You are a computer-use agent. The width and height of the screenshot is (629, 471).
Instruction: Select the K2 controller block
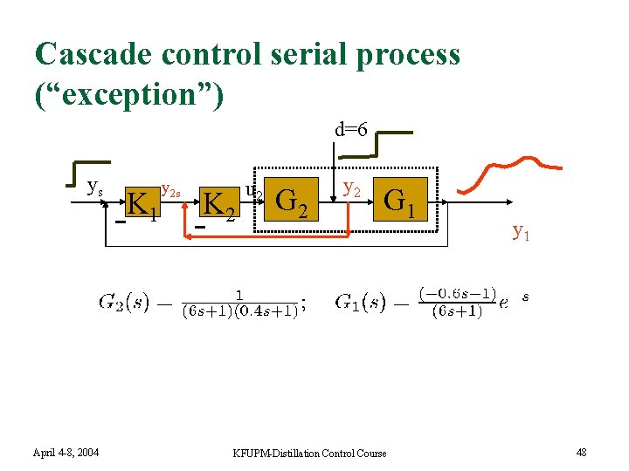(x=218, y=203)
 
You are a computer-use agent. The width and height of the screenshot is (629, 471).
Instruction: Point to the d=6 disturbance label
(x=351, y=130)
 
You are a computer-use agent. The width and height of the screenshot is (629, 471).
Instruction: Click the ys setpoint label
(x=95, y=186)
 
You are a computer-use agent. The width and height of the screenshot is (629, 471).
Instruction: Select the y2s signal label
(x=171, y=189)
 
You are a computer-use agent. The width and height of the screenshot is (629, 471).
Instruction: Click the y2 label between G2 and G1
(x=353, y=187)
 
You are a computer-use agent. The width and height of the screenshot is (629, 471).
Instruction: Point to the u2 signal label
(x=253, y=189)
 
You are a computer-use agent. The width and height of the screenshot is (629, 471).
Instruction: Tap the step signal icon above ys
(x=88, y=172)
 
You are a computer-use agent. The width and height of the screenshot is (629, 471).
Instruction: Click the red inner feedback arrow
(x=262, y=234)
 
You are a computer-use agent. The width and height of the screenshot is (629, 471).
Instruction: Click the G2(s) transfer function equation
(x=202, y=304)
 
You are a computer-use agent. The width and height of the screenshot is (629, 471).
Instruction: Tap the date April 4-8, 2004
(x=66, y=452)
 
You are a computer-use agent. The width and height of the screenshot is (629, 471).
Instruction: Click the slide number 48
(x=583, y=452)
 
